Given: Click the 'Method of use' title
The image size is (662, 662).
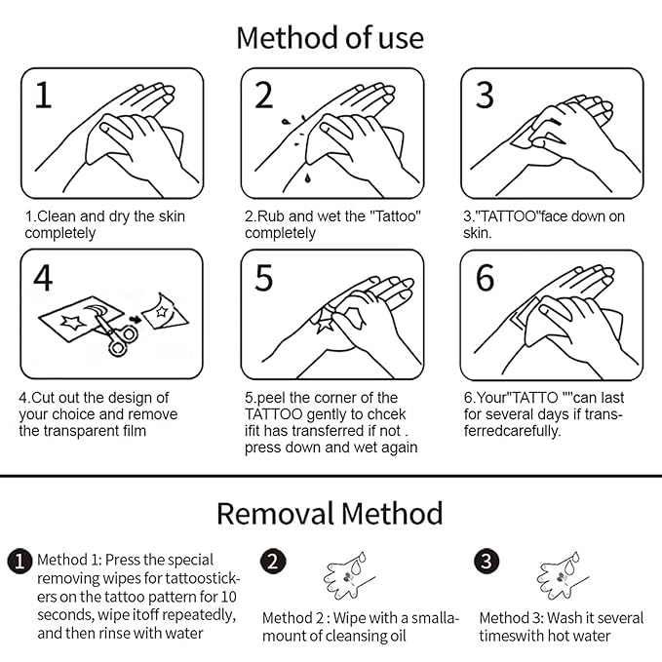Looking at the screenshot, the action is tap(330, 38).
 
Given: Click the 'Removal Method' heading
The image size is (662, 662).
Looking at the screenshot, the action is tap(330, 514).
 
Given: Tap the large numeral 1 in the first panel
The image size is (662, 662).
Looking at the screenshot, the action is tap(44, 95).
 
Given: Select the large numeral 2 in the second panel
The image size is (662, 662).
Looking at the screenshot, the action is tap(264, 95).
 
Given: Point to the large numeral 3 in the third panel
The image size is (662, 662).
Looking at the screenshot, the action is tap(485, 95).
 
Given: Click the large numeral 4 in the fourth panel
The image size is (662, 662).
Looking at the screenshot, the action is tap(43, 278).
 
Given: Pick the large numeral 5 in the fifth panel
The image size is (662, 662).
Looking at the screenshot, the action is tap(264, 278).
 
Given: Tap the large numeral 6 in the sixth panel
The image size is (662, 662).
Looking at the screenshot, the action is tap(486, 278).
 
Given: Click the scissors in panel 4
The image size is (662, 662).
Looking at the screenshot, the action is tap(117, 333).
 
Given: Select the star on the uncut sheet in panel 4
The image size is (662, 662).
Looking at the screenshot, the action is tap(72, 323).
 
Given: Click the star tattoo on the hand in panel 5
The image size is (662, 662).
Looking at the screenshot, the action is tap(325, 325).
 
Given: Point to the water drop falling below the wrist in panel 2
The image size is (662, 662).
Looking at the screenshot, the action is tap(308, 178).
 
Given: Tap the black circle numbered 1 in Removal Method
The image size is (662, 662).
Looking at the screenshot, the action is tap(19, 562).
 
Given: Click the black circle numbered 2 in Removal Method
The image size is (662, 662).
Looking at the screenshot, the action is tap(273, 562).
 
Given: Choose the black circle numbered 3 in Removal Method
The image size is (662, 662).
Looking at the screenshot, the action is tap(487, 562).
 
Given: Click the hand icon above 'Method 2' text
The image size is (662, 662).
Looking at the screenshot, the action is tap(348, 575).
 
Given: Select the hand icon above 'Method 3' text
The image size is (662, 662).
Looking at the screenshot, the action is tap(562, 575).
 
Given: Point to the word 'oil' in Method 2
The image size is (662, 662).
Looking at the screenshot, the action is tap(397, 636).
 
